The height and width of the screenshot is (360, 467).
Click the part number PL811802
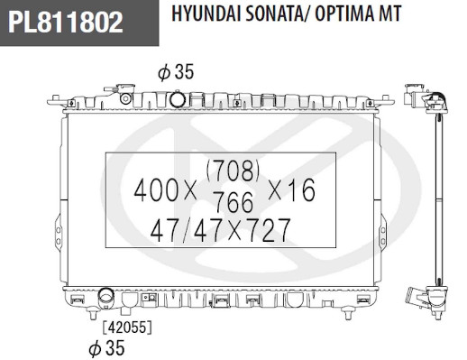[x=66, y=22]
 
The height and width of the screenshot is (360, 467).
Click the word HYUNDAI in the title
[x=206, y=14]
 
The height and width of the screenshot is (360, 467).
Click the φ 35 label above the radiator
[x=176, y=72]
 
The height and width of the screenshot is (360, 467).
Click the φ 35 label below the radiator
[x=106, y=348]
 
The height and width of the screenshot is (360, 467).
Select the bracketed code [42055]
[x=127, y=328]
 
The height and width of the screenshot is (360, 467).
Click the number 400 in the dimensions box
[x=156, y=190]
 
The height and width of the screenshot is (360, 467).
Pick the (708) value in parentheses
[x=233, y=171]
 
